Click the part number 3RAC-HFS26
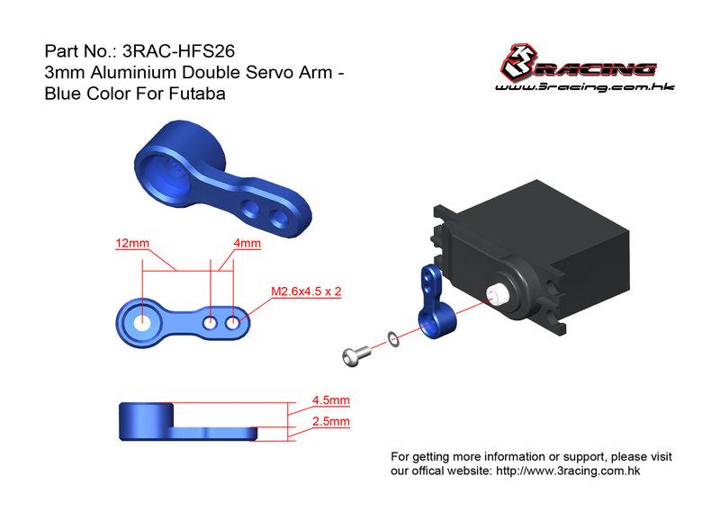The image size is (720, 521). (x=178, y=51)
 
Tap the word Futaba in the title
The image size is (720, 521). (x=197, y=94)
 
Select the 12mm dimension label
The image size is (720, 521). (x=132, y=243)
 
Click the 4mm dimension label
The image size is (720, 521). (x=247, y=243)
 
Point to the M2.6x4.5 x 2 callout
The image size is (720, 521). (x=306, y=292)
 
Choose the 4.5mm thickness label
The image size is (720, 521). (x=331, y=400)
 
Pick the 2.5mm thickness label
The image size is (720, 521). (x=331, y=421)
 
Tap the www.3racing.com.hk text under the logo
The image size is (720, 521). (x=584, y=86)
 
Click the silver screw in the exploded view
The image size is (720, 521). (x=355, y=355)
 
